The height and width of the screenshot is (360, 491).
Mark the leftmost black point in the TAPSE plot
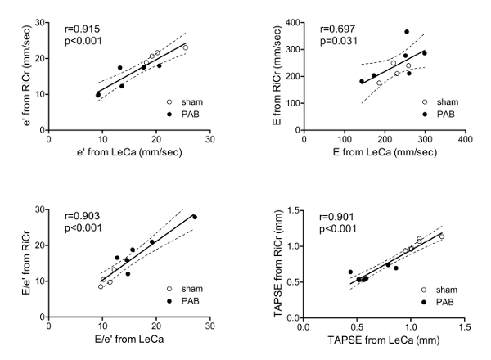[350, 272]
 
